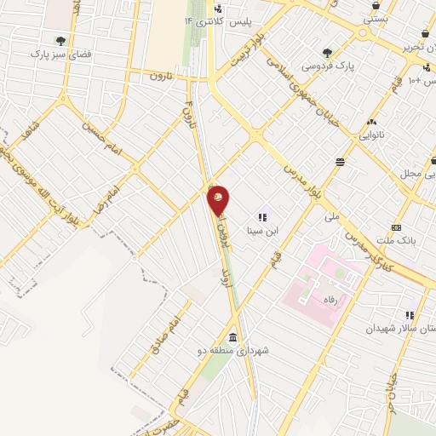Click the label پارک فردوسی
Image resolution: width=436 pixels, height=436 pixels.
328,65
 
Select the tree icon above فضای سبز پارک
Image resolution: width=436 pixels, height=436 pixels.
60,40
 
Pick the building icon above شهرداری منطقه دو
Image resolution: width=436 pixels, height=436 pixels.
233,334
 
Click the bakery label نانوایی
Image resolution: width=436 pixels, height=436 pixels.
372,135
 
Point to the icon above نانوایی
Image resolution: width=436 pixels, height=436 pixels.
371,123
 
